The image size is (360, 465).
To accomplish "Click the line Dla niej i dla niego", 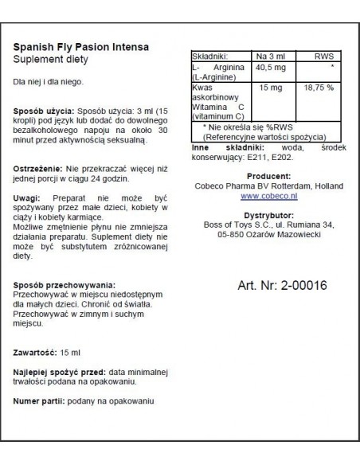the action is coord(49,82).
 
